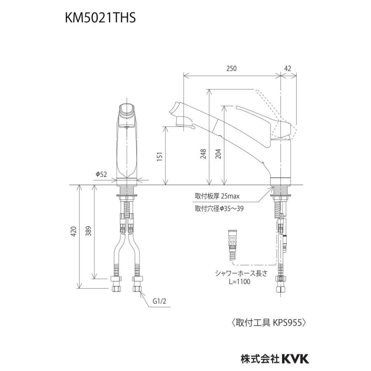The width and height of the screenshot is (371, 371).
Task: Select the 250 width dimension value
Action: click(232, 69)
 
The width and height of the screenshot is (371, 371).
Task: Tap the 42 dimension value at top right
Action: click(288, 69)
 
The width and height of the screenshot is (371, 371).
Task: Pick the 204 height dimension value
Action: click(219, 153)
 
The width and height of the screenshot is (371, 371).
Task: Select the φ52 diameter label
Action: click(101, 174)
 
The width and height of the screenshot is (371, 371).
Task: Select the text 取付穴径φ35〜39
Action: click(219, 209)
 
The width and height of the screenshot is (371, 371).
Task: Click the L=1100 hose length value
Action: click(237, 282)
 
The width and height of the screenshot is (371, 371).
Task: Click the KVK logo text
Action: click(295, 358)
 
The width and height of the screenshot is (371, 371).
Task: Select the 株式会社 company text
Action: click(260, 359)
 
